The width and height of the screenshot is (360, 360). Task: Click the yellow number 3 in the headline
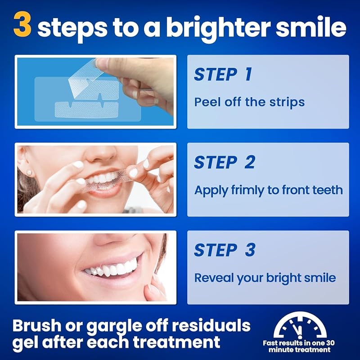22,25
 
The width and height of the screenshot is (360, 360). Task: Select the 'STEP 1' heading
223,74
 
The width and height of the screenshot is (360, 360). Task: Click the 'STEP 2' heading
224,162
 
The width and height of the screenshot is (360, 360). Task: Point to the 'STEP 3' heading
225,250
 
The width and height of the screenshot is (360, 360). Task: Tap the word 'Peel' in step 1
207,102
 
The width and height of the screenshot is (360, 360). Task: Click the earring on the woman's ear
29,173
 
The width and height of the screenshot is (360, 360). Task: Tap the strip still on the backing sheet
86,110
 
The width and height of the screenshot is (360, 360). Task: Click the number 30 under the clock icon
330,343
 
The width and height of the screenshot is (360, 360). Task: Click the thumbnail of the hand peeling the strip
95,92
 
